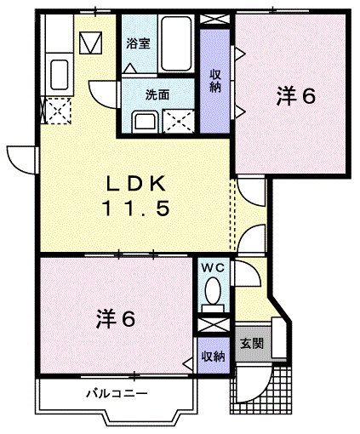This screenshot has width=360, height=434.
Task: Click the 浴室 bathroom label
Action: [138, 44]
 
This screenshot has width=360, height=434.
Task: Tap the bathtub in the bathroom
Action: [176, 43]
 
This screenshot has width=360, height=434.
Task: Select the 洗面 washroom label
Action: [157, 94]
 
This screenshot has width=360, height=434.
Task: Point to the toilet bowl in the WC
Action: [213, 291]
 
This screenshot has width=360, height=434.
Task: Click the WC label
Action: [213, 267]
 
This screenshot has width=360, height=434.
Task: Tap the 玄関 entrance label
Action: [252, 344]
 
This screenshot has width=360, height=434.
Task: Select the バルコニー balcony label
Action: [117, 394]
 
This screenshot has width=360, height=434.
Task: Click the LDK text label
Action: [135, 184]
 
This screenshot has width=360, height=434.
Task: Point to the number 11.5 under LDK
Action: [137, 208]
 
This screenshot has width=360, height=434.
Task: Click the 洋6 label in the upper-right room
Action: [296, 96]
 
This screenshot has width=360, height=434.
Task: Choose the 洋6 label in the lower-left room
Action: [116, 319]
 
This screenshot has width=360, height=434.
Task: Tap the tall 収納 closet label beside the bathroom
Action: [215, 81]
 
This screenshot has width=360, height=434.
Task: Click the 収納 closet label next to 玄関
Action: [214, 356]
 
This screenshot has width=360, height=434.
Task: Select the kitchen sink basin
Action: [60, 75]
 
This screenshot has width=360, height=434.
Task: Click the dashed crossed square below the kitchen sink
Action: [58, 111]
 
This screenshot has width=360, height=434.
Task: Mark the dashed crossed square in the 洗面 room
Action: [179, 122]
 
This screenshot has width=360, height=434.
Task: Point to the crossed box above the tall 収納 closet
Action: [214, 20]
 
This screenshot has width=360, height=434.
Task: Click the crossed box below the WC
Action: [214, 325]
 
